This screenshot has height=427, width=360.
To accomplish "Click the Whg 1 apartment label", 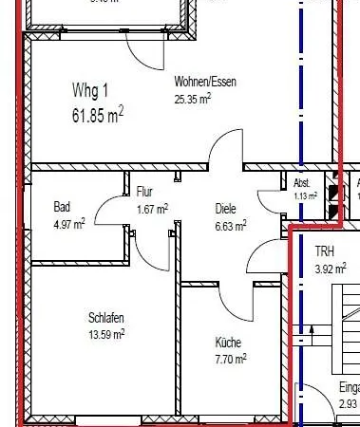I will (92, 90).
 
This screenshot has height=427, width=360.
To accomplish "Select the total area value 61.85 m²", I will (98, 116).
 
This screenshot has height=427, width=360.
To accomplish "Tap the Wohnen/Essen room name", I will (205, 82).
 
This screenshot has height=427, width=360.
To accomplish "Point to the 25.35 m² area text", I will (192, 98).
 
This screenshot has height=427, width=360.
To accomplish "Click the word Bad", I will (62, 206).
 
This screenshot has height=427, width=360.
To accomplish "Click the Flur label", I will (144, 192).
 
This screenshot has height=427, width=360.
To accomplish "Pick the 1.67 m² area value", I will (152, 208).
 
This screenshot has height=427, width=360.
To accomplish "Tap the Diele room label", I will (225, 209).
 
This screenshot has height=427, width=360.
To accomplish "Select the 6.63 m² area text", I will (231, 225).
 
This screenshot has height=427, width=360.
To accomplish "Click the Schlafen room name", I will (107, 318).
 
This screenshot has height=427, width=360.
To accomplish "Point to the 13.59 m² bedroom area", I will (106, 334).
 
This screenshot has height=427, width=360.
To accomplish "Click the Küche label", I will (228, 343).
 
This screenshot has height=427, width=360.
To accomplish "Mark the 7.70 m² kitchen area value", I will (230, 359).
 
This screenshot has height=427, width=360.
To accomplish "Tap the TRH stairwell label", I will (326, 251).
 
